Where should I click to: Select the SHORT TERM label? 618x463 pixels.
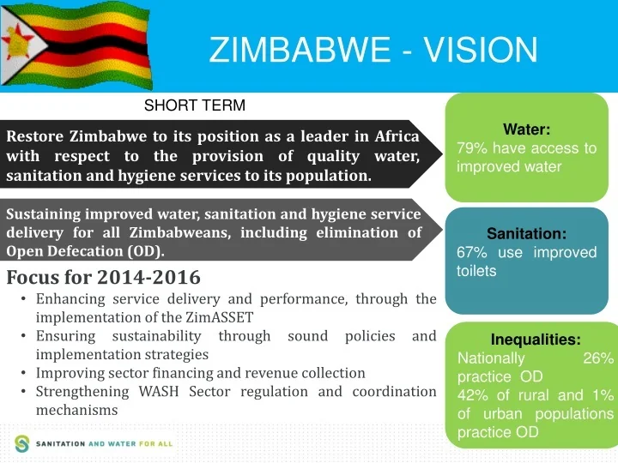[195, 105]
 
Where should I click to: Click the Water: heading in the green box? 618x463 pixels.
[527, 129]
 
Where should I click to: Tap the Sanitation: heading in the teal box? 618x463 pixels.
[527, 233]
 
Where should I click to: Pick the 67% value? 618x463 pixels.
[472, 252]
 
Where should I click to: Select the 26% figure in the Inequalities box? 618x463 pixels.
[598, 358]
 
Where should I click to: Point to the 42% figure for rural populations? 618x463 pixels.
[472, 395]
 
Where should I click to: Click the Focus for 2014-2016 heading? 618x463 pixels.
[103, 278]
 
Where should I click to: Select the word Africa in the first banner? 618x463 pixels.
[397, 137]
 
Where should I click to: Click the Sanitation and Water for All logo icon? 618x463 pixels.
[21, 443]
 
